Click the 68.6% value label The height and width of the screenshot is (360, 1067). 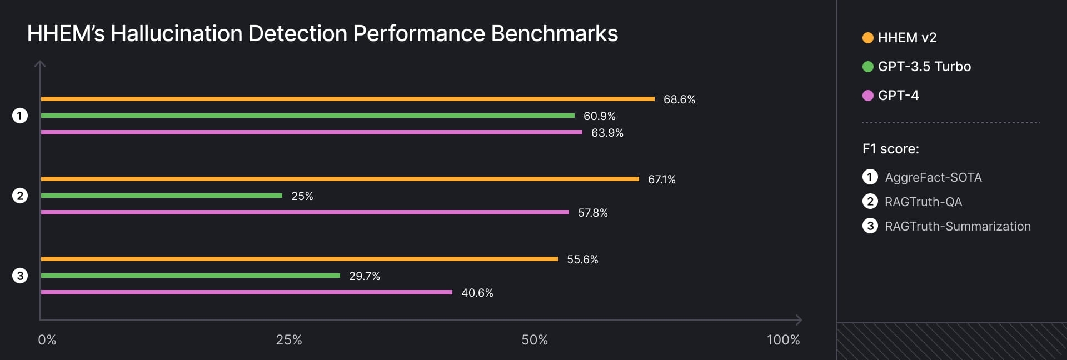679,99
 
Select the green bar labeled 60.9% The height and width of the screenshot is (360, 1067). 307,116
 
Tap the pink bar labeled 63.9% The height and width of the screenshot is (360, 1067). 311,132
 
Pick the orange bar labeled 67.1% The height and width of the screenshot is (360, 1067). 340,179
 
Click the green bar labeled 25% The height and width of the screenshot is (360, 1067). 161,196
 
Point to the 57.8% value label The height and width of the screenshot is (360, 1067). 592,213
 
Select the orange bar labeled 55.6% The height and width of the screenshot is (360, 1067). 299,259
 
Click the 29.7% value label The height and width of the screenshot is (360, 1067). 364,276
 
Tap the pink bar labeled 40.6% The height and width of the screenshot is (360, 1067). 246,292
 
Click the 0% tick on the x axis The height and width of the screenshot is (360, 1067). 47,340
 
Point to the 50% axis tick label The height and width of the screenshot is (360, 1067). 534,340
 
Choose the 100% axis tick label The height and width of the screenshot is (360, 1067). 783,340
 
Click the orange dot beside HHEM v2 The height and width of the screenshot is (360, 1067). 867,38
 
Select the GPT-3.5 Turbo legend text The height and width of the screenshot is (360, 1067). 924,67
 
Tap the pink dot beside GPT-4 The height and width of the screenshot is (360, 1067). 867,96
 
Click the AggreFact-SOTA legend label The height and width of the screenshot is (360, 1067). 933,177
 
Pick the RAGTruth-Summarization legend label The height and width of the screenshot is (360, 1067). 958,226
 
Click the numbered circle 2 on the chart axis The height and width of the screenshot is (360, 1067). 20,196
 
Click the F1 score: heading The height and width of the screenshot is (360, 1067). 890,149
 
